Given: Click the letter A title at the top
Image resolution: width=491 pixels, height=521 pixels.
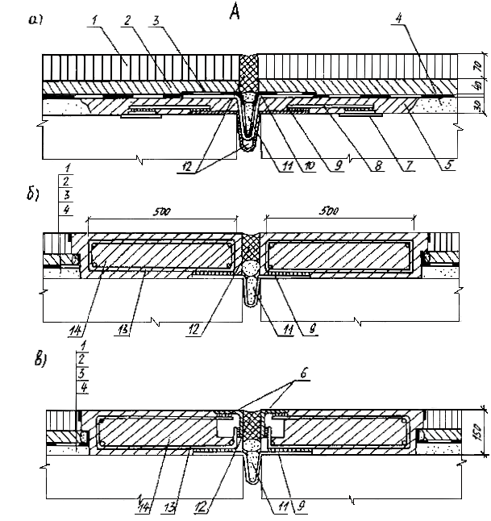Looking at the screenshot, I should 234,14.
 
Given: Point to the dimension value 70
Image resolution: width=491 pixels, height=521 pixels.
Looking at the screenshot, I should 476,64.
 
